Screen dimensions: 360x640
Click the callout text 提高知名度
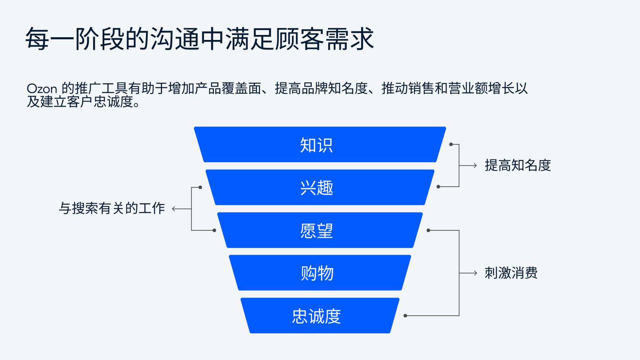(518, 166)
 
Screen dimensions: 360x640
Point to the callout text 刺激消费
(511, 273)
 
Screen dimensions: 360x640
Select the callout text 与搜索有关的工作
(112, 208)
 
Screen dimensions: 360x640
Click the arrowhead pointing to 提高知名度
(475, 166)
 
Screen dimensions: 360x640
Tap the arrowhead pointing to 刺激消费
(475, 273)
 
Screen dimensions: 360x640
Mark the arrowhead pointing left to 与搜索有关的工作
(174, 209)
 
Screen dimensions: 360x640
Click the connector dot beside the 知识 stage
(451, 144)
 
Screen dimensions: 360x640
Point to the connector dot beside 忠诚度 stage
(405, 316)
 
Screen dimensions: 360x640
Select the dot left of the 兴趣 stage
(200, 187)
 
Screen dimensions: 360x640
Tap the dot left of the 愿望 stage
(214, 230)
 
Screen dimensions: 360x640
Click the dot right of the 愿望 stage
(428, 230)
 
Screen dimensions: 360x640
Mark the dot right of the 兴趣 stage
(438, 187)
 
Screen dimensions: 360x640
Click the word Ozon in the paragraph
(42, 89)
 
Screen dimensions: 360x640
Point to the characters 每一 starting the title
(50, 39)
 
